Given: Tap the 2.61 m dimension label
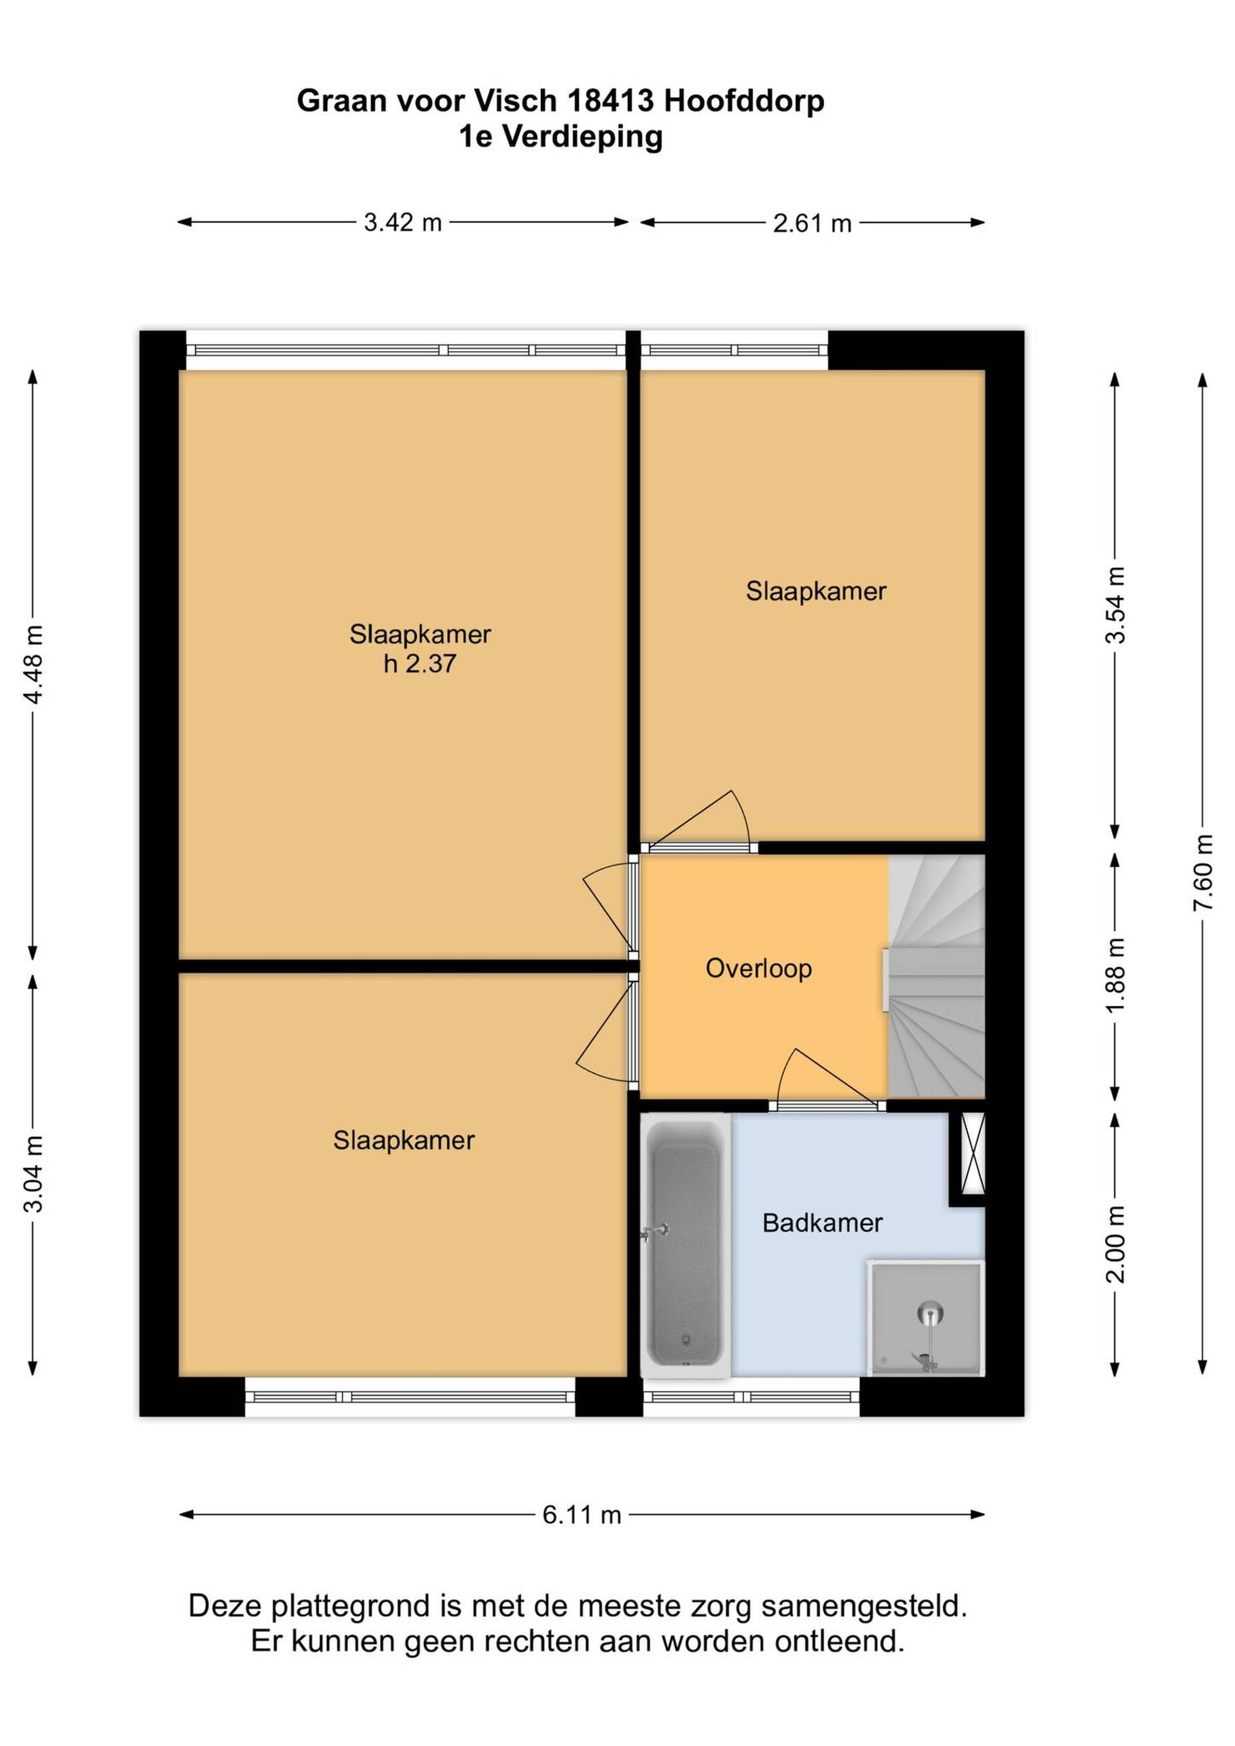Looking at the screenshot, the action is pos(812,224).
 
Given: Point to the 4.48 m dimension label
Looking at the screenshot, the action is pos(33,664).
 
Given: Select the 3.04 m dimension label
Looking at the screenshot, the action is pos(33,1174).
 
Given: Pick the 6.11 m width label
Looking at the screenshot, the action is pos(581,1515).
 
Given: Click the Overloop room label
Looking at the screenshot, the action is pos(759,968).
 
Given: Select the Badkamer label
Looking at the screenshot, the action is pos(822,1223).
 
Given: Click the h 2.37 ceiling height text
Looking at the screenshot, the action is pos(420,664).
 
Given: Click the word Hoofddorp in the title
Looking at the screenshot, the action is pos(744,101).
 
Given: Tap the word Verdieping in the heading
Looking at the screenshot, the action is pos(583,138).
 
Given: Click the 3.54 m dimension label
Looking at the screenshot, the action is pos(1115,605).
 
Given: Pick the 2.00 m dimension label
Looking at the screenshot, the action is pos(1115,1245).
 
